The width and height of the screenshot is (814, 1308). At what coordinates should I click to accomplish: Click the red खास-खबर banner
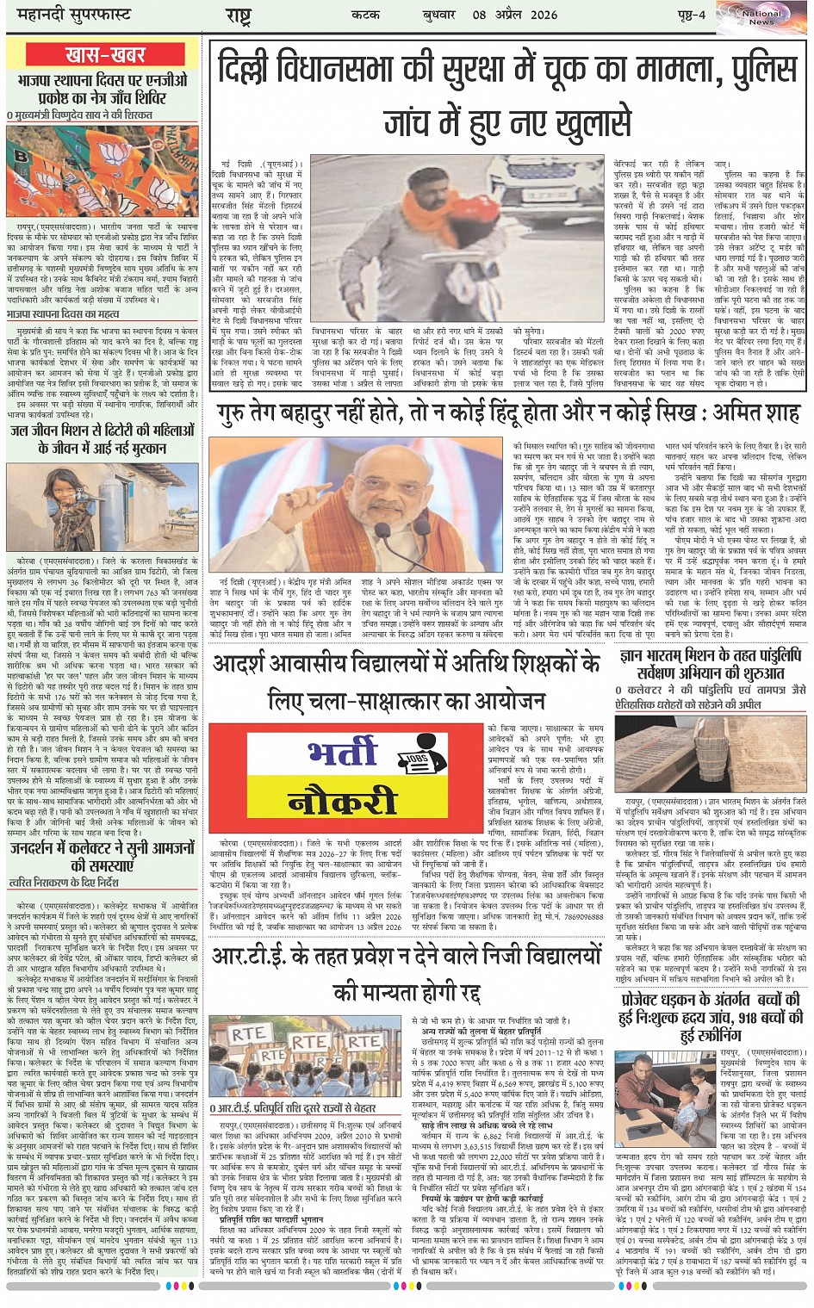pyautogui.click(x=105, y=54)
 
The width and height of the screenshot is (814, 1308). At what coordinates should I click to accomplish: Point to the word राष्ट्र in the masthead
pyautogui.click(x=238, y=16)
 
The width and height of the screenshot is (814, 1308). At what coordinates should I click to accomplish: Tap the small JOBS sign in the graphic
pyautogui.click(x=417, y=759)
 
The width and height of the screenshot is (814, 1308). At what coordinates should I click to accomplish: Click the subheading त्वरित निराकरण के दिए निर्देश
pyautogui.click(x=64, y=883)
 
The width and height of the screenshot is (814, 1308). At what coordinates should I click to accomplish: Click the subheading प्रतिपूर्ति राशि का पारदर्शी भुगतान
pyautogui.click(x=271, y=1219)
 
